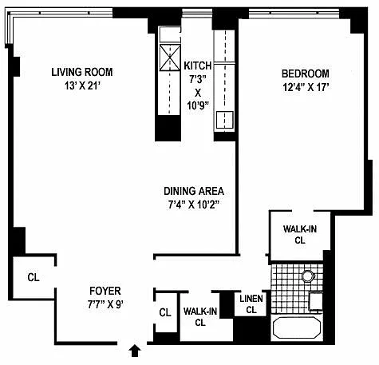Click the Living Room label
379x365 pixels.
tap(82, 72)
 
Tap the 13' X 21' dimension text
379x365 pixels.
tap(82, 86)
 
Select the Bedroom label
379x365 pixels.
tap(306, 73)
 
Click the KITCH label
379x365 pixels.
tap(198, 65)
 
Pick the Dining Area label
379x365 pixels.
tap(194, 191)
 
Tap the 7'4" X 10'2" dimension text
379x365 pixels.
tap(194, 204)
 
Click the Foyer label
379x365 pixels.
tap(105, 291)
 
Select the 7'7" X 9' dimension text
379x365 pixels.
tap(105, 304)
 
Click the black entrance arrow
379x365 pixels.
tap(135, 351)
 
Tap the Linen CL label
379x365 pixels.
tap(251, 304)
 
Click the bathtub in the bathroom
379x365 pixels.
tap(297, 327)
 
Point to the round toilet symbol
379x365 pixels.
tap(308, 276)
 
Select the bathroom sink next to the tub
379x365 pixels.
tap(316, 301)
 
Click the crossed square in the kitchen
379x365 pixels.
tap(169, 58)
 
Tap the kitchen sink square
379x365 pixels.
tap(224, 120)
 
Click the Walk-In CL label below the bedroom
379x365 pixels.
tap(300, 235)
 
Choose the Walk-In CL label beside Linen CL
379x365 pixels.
tap(200, 317)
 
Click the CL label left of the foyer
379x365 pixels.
tap(34, 277)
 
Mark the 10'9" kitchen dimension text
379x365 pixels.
tap(197, 105)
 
